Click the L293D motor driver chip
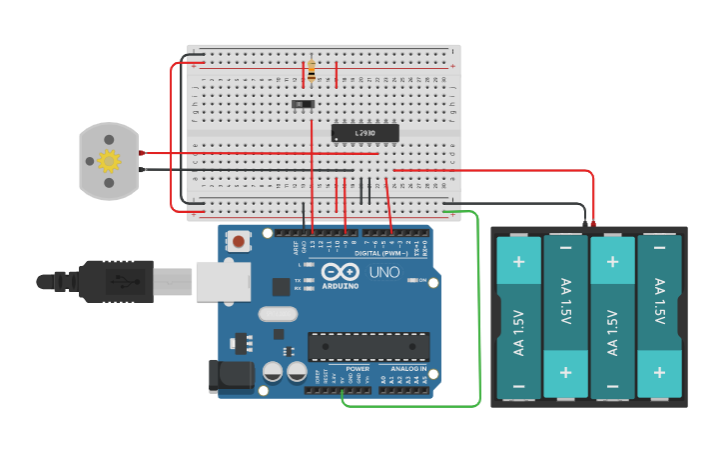[364, 133]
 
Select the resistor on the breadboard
[312, 71]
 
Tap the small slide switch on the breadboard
[303, 103]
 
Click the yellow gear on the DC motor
[108, 160]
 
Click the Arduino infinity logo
[340, 272]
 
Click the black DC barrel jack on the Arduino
[227, 376]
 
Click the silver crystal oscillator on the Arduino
[278, 314]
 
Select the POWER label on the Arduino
[359, 369]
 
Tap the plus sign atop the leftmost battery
[518, 262]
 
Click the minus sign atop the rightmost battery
[659, 248]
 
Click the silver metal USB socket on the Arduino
[222, 281]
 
